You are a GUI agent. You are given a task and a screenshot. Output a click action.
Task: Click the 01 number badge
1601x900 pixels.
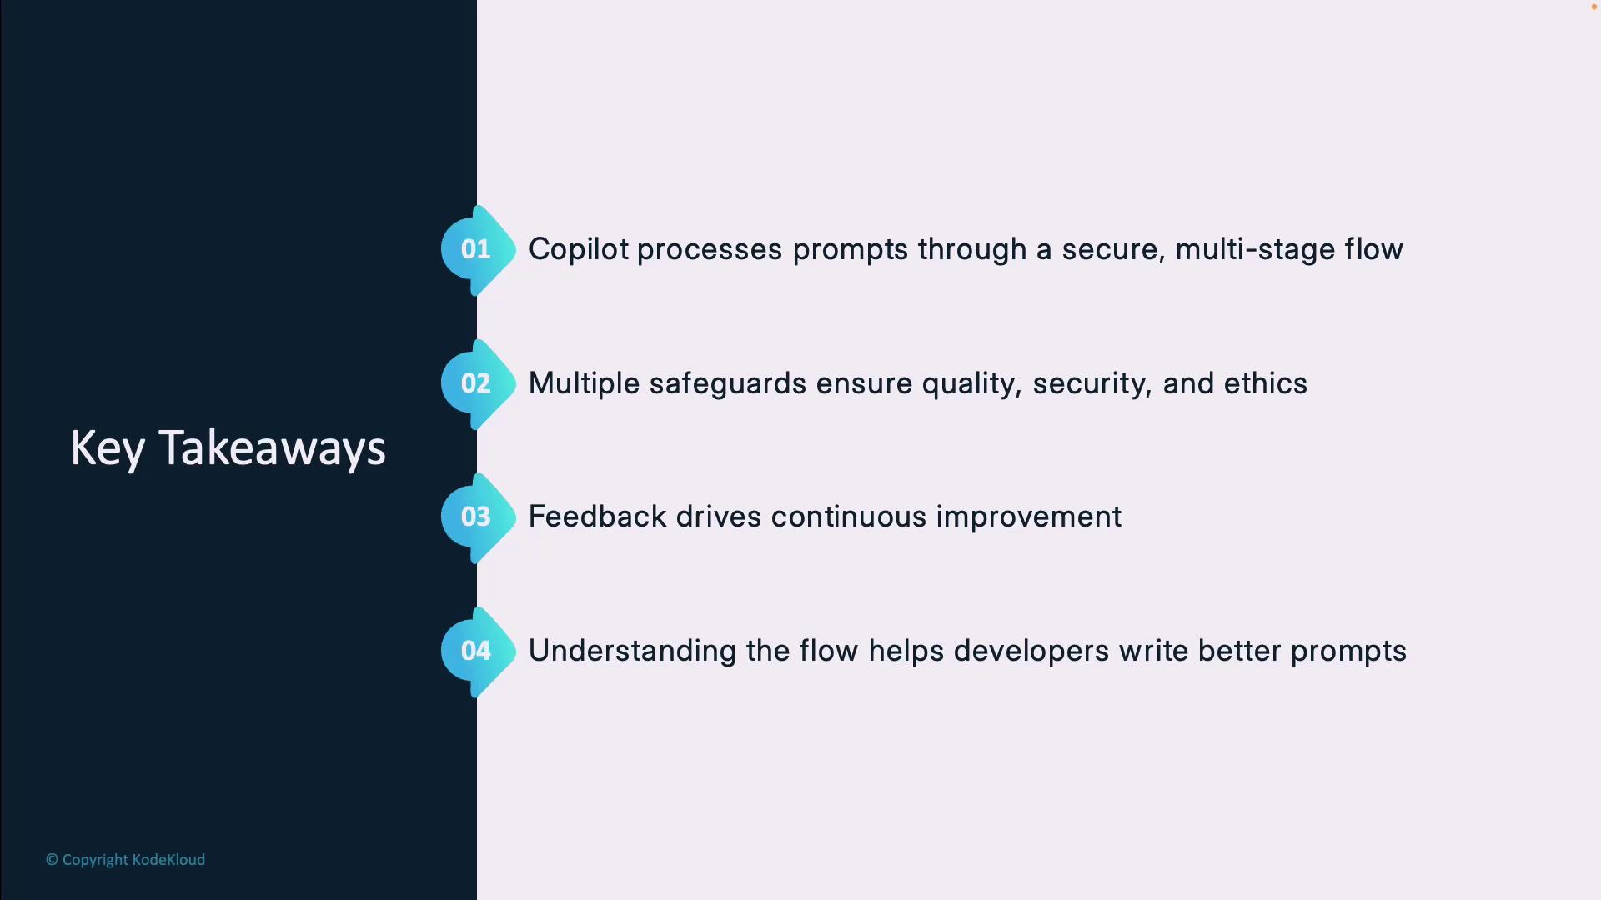[478, 249]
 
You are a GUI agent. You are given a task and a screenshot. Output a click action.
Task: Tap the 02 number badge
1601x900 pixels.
[478, 383]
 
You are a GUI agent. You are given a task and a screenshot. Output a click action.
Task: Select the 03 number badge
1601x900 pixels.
[478, 517]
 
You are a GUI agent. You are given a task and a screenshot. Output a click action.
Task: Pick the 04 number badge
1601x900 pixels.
[478, 651]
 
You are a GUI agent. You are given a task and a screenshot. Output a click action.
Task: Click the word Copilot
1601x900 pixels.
[579, 249]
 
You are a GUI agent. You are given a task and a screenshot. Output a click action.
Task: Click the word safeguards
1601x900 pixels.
[728, 383]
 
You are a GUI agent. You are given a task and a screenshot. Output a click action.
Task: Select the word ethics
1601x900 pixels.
[1265, 383]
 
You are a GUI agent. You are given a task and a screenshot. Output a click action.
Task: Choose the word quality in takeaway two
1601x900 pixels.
[971, 384]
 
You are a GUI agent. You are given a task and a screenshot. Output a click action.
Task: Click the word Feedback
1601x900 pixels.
[598, 517]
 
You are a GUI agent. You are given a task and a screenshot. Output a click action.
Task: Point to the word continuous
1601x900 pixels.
[849, 517]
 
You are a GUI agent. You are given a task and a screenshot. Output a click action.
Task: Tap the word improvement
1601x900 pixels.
[1029, 517]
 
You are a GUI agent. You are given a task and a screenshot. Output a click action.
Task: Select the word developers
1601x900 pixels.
[1031, 651]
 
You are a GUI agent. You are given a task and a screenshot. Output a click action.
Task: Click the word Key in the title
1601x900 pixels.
[108, 448]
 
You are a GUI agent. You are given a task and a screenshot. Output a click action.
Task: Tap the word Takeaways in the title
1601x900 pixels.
[272, 448]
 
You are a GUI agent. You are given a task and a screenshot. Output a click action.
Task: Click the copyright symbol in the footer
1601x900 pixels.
[52, 860]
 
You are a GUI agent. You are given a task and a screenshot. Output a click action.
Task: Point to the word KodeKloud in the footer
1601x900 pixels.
[168, 859]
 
